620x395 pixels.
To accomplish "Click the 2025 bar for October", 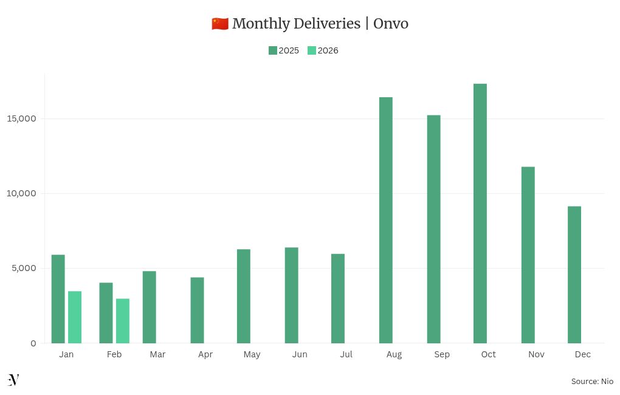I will (x=480, y=213).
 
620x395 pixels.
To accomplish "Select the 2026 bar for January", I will (x=75, y=317).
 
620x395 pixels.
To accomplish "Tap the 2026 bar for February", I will (x=123, y=321).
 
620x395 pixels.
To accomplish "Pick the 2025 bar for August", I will (x=386, y=220).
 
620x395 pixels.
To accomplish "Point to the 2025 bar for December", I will (x=574, y=275).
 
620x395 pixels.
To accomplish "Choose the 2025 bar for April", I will (x=197, y=310).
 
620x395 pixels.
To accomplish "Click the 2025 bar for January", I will (x=58, y=299).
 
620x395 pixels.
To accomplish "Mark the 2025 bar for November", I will (x=528, y=255).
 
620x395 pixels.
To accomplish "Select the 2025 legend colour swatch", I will (x=273, y=50).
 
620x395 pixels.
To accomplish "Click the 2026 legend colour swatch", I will (x=312, y=50).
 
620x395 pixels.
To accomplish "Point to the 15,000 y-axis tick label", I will (x=22, y=118).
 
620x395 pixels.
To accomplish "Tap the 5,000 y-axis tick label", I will (x=25, y=268).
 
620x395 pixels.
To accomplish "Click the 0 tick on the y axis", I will (x=33, y=343).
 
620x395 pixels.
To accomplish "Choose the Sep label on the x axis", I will (x=442, y=354).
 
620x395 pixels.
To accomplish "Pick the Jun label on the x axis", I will (x=300, y=354).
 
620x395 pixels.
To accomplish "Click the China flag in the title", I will (x=220, y=24).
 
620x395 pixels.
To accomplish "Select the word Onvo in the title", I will (x=391, y=24).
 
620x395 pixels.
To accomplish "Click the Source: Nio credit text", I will (x=592, y=381).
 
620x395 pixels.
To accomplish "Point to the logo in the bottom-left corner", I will (x=13, y=380).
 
